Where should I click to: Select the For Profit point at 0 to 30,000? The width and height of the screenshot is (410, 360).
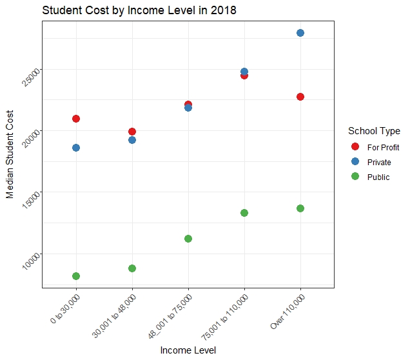pyautogui.click(x=76, y=119)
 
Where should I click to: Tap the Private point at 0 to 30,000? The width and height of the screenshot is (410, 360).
pyautogui.click(x=76, y=148)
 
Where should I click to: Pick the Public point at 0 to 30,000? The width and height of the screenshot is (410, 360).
pyautogui.click(x=76, y=276)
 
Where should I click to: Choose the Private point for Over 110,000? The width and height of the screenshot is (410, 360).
pyautogui.click(x=300, y=33)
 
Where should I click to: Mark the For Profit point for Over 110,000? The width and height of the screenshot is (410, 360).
pyautogui.click(x=300, y=97)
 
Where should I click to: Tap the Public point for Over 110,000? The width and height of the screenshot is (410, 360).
pyautogui.click(x=300, y=208)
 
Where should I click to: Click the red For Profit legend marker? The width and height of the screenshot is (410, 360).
pyautogui.click(x=354, y=147)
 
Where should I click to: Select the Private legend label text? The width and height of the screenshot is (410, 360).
pyautogui.click(x=379, y=162)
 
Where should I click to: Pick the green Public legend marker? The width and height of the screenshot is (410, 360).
pyautogui.click(x=354, y=177)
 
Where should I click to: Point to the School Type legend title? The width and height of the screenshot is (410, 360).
pyautogui.click(x=373, y=131)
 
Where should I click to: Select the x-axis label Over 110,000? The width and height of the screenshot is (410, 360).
pyautogui.click(x=288, y=313)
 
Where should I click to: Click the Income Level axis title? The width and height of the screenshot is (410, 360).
pyautogui.click(x=188, y=350)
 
